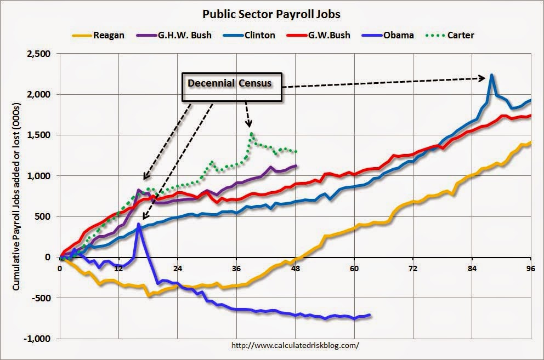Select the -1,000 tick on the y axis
coord(37,339)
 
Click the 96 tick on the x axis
coord(530,268)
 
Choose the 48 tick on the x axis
coord(296,268)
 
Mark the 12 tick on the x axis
coord(118,268)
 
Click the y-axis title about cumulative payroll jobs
coord(16,196)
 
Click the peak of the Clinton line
coord(492,75)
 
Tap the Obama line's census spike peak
coord(139,224)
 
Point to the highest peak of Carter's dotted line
coord(251,133)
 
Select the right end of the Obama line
coord(370,315)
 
